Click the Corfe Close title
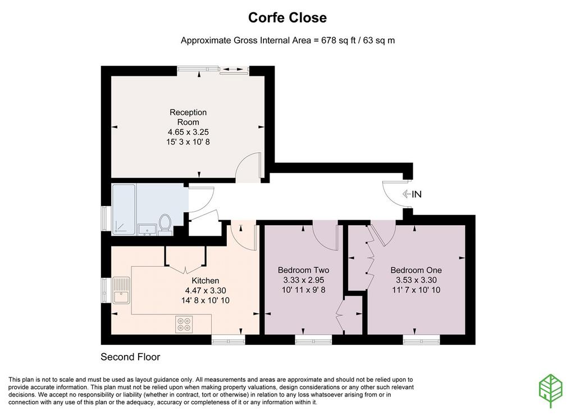(287, 17)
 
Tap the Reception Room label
(188, 117)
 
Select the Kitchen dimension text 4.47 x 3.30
(206, 290)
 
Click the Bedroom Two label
(303, 270)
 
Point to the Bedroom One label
(416, 270)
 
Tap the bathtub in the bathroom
(124, 209)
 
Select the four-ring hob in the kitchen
(184, 324)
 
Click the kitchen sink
(121, 290)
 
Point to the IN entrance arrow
(406, 194)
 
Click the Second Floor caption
(130, 357)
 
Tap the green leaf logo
(550, 390)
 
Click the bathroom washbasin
(148, 230)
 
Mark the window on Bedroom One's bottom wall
(421, 340)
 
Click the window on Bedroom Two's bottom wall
(313, 340)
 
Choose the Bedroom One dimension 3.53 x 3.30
(416, 280)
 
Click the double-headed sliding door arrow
(233, 69)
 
